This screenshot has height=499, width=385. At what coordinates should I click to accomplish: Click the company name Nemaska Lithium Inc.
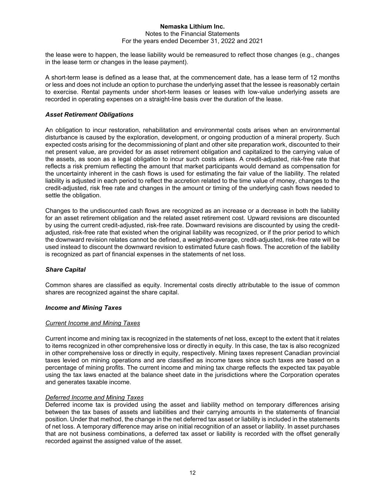point(192,27)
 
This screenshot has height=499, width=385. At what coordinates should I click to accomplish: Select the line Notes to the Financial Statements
point(192,34)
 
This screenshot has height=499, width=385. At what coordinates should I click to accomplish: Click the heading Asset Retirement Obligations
point(89,115)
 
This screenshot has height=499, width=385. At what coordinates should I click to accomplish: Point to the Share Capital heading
point(65,270)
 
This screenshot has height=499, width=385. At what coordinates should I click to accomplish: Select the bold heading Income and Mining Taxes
point(84,308)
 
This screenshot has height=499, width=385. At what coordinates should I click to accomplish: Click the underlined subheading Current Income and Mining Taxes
point(93,323)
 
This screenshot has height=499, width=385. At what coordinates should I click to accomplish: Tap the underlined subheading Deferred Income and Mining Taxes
point(95,397)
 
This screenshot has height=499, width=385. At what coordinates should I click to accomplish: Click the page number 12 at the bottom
point(192,473)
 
